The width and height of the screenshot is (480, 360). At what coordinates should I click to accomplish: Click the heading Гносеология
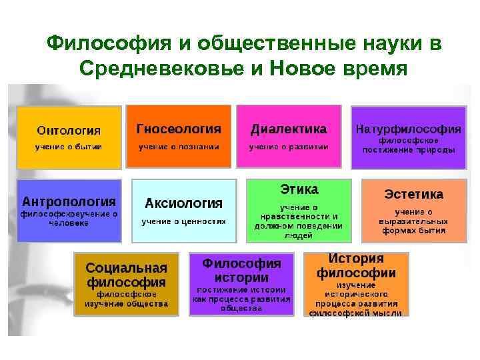click(x=178, y=128)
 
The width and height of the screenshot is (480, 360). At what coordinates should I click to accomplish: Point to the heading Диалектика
click(x=288, y=128)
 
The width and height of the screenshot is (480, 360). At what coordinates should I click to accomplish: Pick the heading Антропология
click(x=69, y=201)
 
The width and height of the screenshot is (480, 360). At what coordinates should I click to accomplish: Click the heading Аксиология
click(x=184, y=203)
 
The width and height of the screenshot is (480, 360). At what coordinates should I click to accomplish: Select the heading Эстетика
click(x=413, y=194)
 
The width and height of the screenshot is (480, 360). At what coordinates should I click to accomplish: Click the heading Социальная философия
click(x=126, y=275)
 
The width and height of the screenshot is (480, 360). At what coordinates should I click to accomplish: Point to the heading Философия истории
click(x=242, y=270)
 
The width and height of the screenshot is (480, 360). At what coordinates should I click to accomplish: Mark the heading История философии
click(x=356, y=265)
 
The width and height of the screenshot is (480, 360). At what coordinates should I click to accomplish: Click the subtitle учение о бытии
click(x=69, y=146)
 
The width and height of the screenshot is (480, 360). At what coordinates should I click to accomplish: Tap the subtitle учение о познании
click(x=179, y=146)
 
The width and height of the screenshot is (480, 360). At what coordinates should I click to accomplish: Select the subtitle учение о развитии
click(x=289, y=146)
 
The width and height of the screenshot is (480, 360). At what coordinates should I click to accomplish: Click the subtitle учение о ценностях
click(x=183, y=221)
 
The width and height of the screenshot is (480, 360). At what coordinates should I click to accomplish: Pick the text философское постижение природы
click(x=409, y=145)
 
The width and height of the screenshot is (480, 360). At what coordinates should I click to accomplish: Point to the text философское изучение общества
click(x=126, y=299)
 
